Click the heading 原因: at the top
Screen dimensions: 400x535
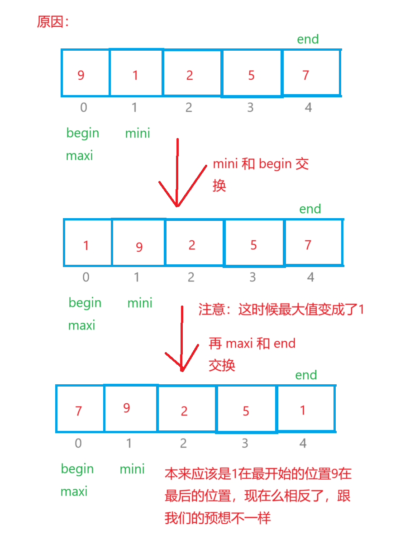click(x=52, y=23)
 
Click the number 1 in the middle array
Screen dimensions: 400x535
click(x=86, y=246)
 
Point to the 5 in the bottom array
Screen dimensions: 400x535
click(x=246, y=411)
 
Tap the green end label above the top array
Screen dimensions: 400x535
click(x=308, y=39)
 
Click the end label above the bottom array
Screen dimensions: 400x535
click(x=306, y=375)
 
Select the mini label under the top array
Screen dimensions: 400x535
click(x=138, y=134)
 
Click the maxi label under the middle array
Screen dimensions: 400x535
click(x=81, y=325)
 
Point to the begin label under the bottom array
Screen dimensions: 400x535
click(x=77, y=469)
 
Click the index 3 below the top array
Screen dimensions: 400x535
click(x=250, y=108)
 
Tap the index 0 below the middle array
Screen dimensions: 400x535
click(x=86, y=277)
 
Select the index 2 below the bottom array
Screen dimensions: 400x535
click(x=183, y=443)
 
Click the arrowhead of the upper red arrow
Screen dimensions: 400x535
click(x=177, y=205)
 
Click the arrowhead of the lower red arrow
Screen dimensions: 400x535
click(x=182, y=369)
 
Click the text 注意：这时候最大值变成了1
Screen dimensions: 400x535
click(x=281, y=310)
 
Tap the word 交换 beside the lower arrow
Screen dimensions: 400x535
click(x=222, y=366)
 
